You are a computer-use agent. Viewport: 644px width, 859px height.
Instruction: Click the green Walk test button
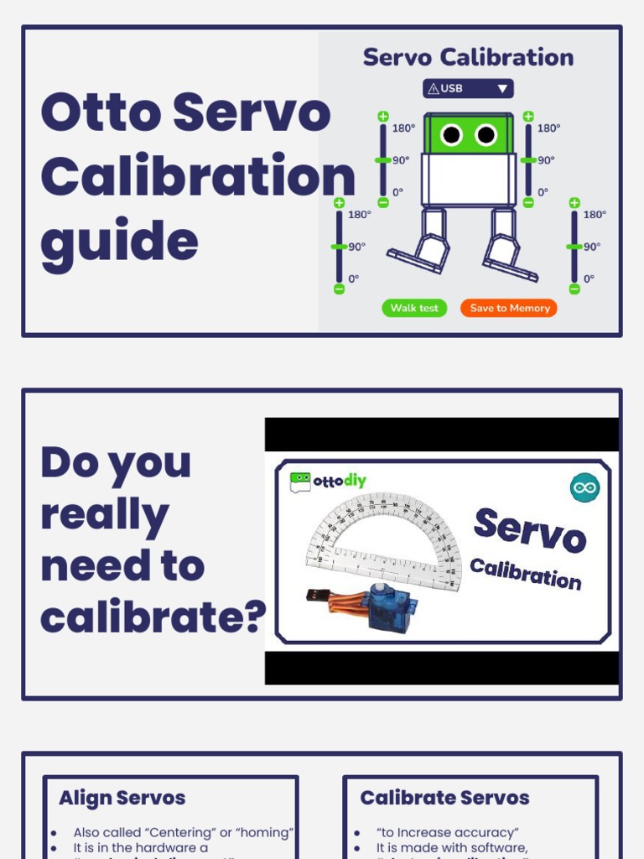click(414, 308)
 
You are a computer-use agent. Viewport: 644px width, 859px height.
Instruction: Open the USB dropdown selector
click(468, 88)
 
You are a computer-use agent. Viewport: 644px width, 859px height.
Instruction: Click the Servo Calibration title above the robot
click(468, 57)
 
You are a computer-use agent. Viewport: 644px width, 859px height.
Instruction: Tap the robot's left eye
click(451, 134)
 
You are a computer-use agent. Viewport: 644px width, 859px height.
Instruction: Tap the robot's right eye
click(486, 134)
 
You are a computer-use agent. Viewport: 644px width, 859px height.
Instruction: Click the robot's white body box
click(469, 179)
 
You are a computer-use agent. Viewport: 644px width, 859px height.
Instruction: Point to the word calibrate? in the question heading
click(153, 617)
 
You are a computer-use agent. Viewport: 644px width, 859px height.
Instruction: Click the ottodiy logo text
click(339, 482)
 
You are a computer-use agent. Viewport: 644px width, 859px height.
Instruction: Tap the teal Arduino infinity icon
click(584, 487)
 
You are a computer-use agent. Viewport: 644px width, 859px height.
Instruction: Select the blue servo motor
click(389, 607)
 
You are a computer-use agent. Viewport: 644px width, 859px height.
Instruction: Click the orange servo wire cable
click(344, 601)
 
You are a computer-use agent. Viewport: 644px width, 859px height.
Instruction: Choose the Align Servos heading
click(122, 798)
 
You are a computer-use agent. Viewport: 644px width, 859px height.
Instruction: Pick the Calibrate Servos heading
click(444, 798)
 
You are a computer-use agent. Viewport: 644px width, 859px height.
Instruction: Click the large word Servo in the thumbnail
click(529, 530)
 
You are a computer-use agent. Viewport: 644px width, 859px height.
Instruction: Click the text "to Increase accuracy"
click(448, 832)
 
